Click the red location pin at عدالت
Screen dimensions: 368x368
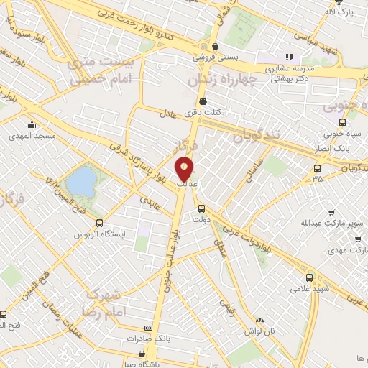(185, 169)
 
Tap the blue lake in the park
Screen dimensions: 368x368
(81, 180)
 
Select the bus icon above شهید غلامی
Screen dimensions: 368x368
(309, 277)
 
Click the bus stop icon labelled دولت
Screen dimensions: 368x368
(203, 209)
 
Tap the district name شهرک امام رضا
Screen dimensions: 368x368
(113, 304)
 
